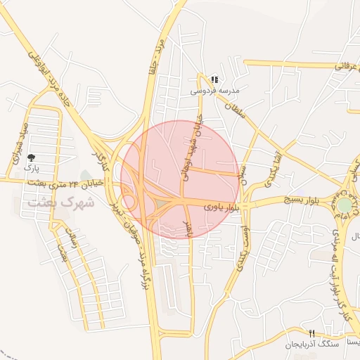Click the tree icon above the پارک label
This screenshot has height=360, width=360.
coord(30,158)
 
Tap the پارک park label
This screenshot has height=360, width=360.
coord(30,169)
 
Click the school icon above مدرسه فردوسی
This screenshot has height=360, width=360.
coord(214,81)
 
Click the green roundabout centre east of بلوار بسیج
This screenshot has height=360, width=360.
coord(345,205)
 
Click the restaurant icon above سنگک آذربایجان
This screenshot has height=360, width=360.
coord(311,333)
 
